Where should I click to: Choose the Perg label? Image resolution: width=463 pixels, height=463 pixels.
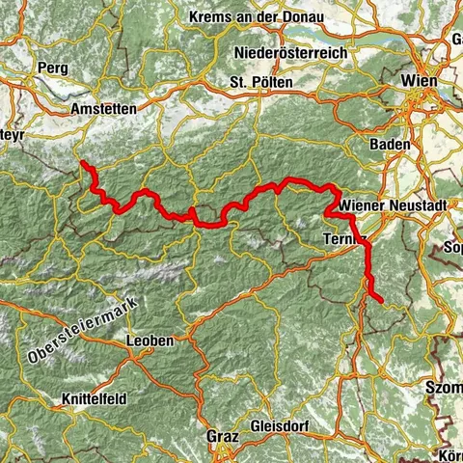coord(51,68)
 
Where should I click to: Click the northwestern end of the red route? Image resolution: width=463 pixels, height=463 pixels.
coord(82,164)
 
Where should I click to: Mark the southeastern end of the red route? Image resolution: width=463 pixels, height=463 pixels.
coord(382,302)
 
